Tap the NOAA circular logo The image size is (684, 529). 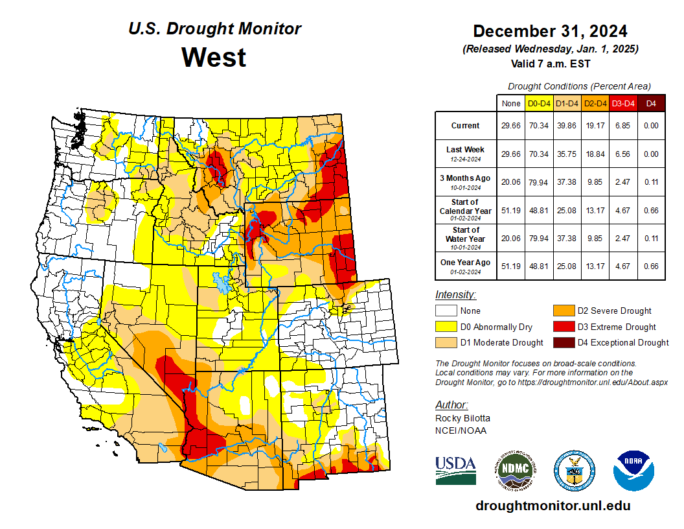click(634, 470)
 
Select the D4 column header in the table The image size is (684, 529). click(651, 103)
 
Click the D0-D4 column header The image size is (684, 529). click(538, 103)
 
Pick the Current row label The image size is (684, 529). click(466, 126)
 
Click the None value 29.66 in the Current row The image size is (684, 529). click(510, 126)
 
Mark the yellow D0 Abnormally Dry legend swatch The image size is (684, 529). click(446, 327)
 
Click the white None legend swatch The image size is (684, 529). click(446, 311)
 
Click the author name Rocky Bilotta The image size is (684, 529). click(462, 418)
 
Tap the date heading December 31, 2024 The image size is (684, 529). click(549, 31)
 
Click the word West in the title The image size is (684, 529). click(214, 57)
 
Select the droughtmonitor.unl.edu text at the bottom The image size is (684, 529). click(553, 506)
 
